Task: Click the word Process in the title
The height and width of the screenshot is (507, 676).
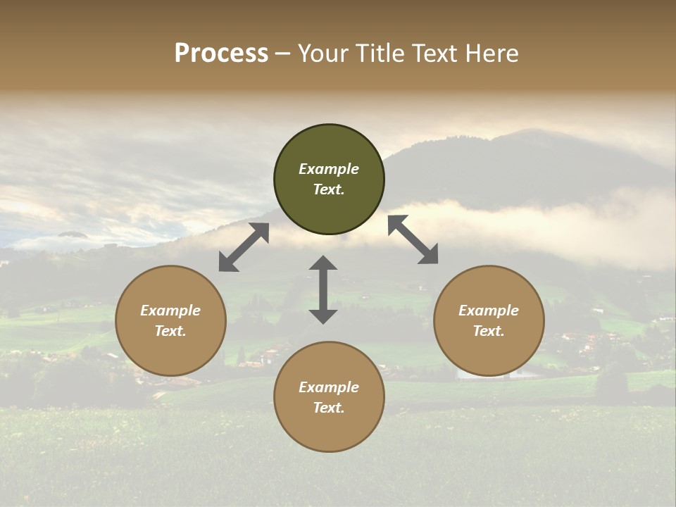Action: (x=221, y=54)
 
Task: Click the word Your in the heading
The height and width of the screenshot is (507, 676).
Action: (x=324, y=54)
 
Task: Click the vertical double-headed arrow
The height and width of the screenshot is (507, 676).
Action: (x=323, y=289)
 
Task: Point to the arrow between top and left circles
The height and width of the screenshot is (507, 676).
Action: (x=244, y=247)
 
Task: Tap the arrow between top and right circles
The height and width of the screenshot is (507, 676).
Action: (x=413, y=239)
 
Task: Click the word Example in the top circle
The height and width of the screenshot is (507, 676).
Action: (x=329, y=169)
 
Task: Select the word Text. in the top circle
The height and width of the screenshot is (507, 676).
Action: (x=329, y=189)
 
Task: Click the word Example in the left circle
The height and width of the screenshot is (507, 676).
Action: (x=170, y=311)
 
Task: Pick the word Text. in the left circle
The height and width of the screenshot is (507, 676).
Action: (x=170, y=331)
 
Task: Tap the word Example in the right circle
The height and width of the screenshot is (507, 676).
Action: (x=489, y=311)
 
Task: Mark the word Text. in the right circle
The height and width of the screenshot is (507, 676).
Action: (x=489, y=331)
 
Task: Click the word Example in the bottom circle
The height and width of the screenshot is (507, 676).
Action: (x=329, y=387)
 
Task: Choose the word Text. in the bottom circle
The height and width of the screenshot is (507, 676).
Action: (x=329, y=408)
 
